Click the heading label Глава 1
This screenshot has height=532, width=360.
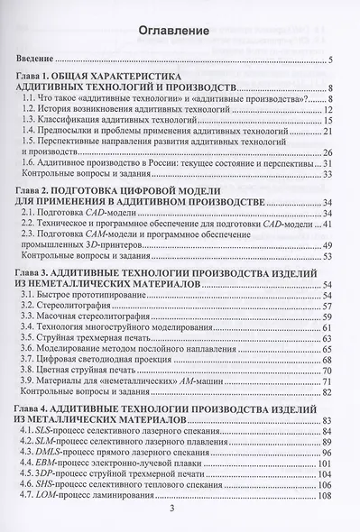[x=39, y=76]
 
